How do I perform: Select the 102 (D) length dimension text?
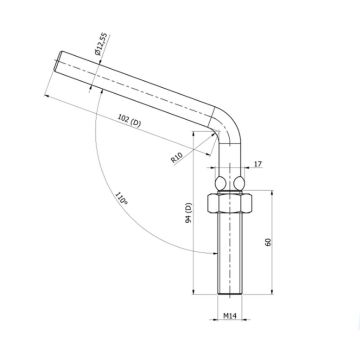point(130,121)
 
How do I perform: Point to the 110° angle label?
point(121,198)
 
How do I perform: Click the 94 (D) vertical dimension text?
point(189,212)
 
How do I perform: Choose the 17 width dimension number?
point(258,164)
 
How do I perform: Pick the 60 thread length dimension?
point(268,242)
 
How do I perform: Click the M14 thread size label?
point(230,315)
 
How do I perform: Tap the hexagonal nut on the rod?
point(230,203)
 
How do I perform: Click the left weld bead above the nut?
point(220,183)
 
